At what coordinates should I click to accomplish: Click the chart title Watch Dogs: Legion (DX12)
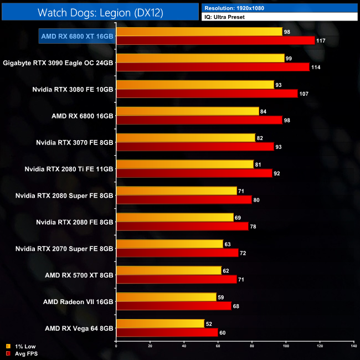tap(100, 13)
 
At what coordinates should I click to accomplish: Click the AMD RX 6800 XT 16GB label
tap(77, 36)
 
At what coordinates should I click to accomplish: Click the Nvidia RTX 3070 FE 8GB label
tap(73, 142)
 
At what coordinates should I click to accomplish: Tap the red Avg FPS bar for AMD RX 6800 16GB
tap(199, 120)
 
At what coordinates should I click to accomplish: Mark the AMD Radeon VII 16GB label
tap(78, 302)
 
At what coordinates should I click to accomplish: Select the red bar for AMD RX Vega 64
tap(167, 332)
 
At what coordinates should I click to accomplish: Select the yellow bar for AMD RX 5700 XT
tap(168, 270)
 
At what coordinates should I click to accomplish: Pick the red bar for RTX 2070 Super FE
tap(177, 253)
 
